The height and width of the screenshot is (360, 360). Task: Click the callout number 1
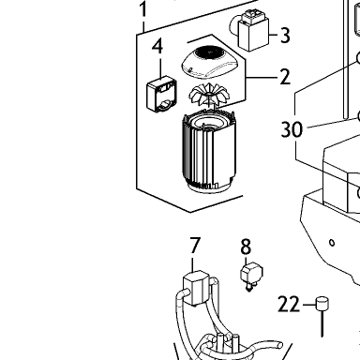(142, 9)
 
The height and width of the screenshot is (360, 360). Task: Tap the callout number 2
(285, 77)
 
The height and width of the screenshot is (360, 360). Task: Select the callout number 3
(285, 35)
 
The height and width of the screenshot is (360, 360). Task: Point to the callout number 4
(157, 46)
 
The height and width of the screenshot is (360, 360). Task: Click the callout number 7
(195, 246)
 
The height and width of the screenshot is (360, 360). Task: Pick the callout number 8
(246, 247)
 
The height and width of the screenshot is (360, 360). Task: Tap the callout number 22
(289, 305)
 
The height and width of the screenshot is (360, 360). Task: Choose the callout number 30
(292, 129)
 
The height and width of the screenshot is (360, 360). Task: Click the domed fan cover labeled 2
(213, 62)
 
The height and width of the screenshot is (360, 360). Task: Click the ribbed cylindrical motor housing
(208, 152)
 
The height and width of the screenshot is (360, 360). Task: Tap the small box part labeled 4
(161, 94)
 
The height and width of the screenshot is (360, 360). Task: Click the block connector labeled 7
(196, 288)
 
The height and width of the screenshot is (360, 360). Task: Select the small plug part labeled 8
(251, 277)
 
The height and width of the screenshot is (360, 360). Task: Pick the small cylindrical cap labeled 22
(322, 304)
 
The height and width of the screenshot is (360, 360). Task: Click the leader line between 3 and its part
(274, 35)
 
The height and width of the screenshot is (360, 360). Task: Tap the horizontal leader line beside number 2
(262, 77)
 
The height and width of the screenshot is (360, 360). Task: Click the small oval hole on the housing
(332, 243)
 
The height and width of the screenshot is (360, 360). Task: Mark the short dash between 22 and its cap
(309, 305)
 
